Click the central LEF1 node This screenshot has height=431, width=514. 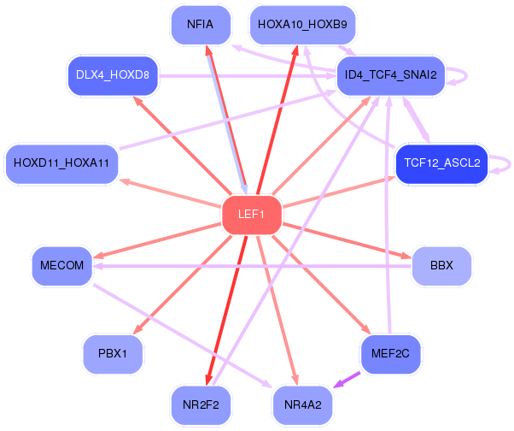[x=251, y=214]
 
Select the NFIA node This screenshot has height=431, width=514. [x=201, y=25]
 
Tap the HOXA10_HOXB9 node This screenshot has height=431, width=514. [x=302, y=25]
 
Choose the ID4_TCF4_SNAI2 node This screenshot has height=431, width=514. [x=390, y=75]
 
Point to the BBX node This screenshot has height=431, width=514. [x=441, y=265]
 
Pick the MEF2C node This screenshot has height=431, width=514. [x=390, y=352]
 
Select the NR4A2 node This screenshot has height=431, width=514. [x=302, y=403]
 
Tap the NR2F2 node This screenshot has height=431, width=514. [x=201, y=403]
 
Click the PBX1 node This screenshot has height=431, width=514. [x=113, y=352]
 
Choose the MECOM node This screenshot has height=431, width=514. [x=61, y=265]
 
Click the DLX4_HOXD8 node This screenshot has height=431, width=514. [x=113, y=75]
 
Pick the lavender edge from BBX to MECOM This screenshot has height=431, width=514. [x=256, y=266]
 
